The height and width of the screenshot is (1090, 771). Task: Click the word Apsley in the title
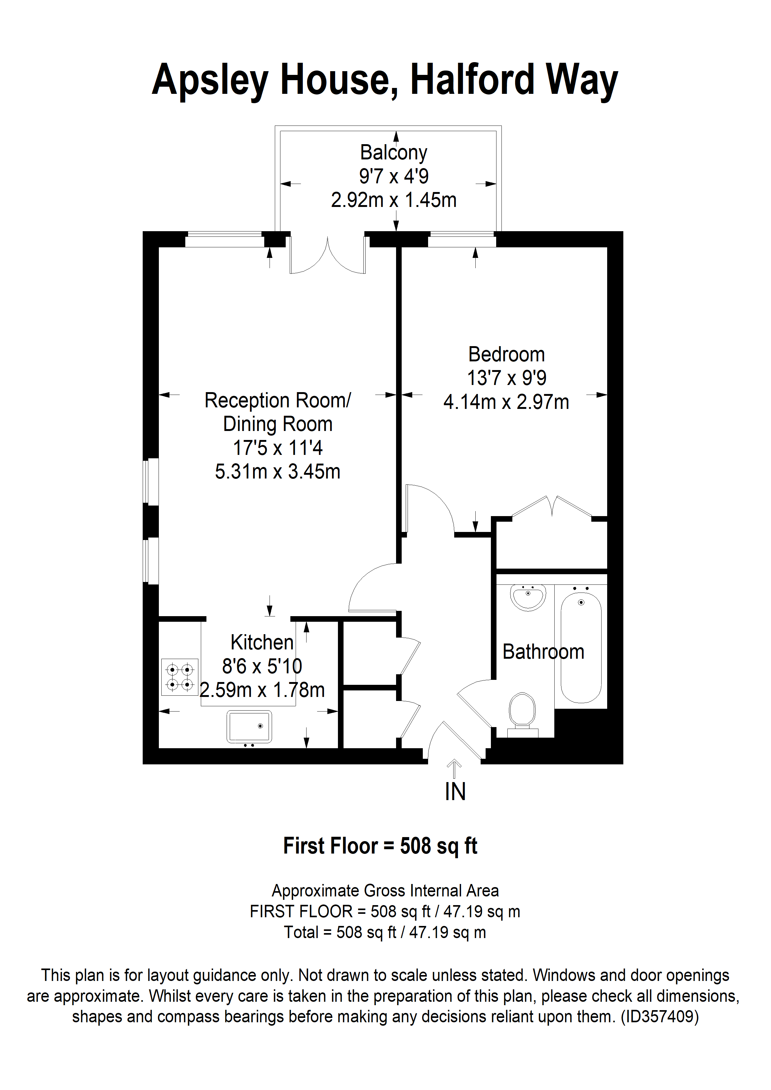tap(210, 80)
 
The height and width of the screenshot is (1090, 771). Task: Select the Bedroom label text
tap(506, 354)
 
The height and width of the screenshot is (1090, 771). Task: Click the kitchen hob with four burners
tap(180, 677)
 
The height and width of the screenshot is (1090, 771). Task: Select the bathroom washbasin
tap(528, 597)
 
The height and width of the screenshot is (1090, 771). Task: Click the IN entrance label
tap(455, 792)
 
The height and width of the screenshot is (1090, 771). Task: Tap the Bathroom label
tap(543, 652)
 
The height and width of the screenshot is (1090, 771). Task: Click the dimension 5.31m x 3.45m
tap(277, 472)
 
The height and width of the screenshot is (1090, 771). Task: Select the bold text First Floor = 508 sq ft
tap(380, 846)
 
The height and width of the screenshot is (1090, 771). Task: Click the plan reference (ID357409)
tap(659, 1016)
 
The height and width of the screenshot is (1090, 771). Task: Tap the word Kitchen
tap(262, 642)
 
